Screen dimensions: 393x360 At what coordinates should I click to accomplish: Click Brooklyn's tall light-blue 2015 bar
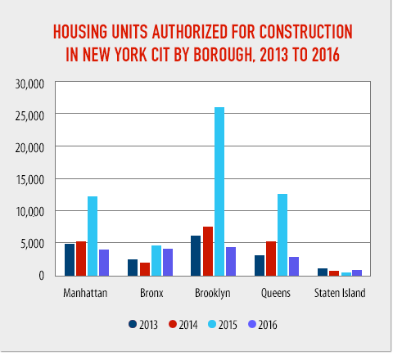click(219, 191)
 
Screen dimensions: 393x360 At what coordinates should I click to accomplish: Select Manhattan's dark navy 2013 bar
click(70, 260)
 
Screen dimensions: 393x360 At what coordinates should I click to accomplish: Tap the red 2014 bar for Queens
click(271, 259)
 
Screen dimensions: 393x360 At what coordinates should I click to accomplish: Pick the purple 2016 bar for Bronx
click(168, 263)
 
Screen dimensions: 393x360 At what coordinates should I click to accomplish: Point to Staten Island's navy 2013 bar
click(323, 272)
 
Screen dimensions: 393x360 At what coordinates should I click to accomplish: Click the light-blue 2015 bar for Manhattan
click(93, 236)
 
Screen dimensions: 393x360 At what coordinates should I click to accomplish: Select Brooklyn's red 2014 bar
click(208, 251)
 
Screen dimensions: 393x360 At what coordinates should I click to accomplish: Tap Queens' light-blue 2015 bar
click(282, 235)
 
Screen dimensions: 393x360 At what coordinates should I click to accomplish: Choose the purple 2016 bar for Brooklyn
click(231, 262)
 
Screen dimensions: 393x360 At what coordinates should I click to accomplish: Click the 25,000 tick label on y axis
click(29, 116)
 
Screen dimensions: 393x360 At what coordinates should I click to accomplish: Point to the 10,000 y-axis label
click(30, 212)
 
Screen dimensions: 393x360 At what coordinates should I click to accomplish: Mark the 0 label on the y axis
click(41, 276)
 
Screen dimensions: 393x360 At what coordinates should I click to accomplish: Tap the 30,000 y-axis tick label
click(29, 84)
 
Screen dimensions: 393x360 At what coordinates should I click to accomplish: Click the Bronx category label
click(151, 293)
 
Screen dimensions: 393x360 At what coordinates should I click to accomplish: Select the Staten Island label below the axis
click(340, 293)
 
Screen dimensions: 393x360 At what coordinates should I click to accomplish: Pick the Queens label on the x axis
click(276, 294)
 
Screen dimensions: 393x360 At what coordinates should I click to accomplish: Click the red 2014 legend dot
click(173, 324)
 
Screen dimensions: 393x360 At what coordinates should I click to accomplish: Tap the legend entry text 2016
click(268, 325)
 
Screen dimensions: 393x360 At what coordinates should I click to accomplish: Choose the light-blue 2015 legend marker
click(212, 324)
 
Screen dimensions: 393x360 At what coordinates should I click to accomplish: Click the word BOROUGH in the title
click(223, 55)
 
